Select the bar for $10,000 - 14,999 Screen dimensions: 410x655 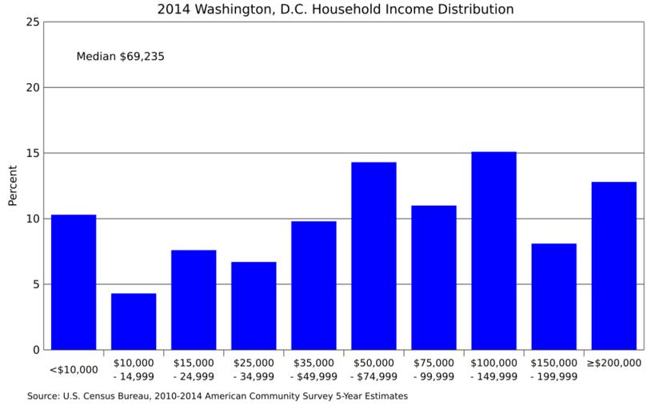tap(134, 321)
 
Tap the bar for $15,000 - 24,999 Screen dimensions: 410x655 tap(194, 299)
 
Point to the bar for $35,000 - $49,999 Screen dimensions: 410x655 tap(314, 285)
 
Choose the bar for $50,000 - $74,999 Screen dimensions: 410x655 tap(373, 255)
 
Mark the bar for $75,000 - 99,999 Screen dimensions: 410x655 tap(433, 277)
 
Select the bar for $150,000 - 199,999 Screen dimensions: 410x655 tap(553, 296)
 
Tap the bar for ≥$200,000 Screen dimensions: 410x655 tap(613, 266)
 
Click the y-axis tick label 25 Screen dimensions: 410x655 tap(33, 22)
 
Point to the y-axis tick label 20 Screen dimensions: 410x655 tap(33, 87)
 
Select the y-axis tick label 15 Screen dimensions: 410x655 tap(33, 153)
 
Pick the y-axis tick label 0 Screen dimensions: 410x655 tap(36, 350)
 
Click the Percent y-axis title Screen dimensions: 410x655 tap(12, 186)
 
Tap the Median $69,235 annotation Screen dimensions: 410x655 tap(120, 57)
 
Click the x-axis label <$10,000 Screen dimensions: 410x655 tap(74, 369)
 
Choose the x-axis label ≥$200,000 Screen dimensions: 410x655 tap(613, 363)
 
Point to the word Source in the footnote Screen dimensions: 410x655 tap(45, 396)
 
